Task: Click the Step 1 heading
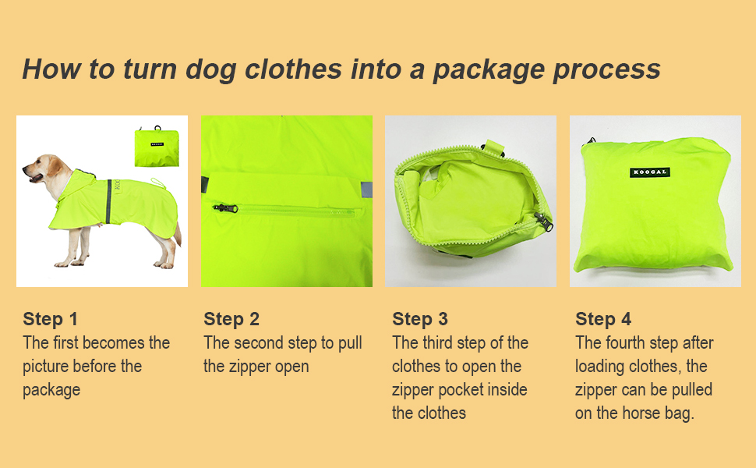point(50,319)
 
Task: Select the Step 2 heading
point(231,319)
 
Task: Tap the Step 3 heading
point(420,319)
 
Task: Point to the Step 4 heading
point(603,319)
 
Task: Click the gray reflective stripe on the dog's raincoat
point(109,201)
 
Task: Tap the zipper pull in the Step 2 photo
point(226,208)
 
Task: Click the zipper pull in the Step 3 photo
point(543,222)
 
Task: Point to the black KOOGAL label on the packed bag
point(650,172)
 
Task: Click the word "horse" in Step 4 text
point(643,413)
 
